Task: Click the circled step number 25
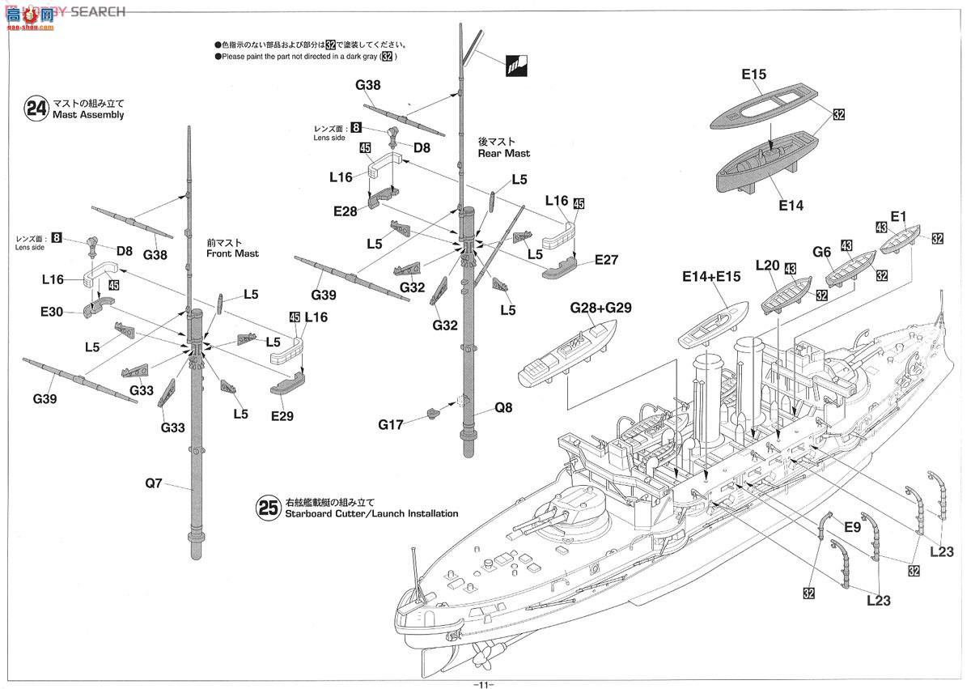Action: point(268,508)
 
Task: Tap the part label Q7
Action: point(155,483)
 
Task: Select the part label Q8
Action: point(503,408)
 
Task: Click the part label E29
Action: point(282,416)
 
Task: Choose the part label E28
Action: point(344,211)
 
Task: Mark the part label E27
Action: point(606,260)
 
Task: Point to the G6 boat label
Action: point(822,252)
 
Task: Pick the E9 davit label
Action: point(851,527)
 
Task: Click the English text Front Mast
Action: point(232,253)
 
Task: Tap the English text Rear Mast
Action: point(504,153)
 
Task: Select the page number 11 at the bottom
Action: point(485,683)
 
